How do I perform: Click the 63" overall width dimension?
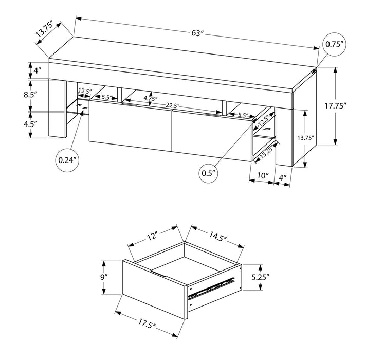(198, 33)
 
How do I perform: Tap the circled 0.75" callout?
(335, 44)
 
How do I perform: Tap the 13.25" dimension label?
(265, 151)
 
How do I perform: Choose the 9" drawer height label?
(105, 277)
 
